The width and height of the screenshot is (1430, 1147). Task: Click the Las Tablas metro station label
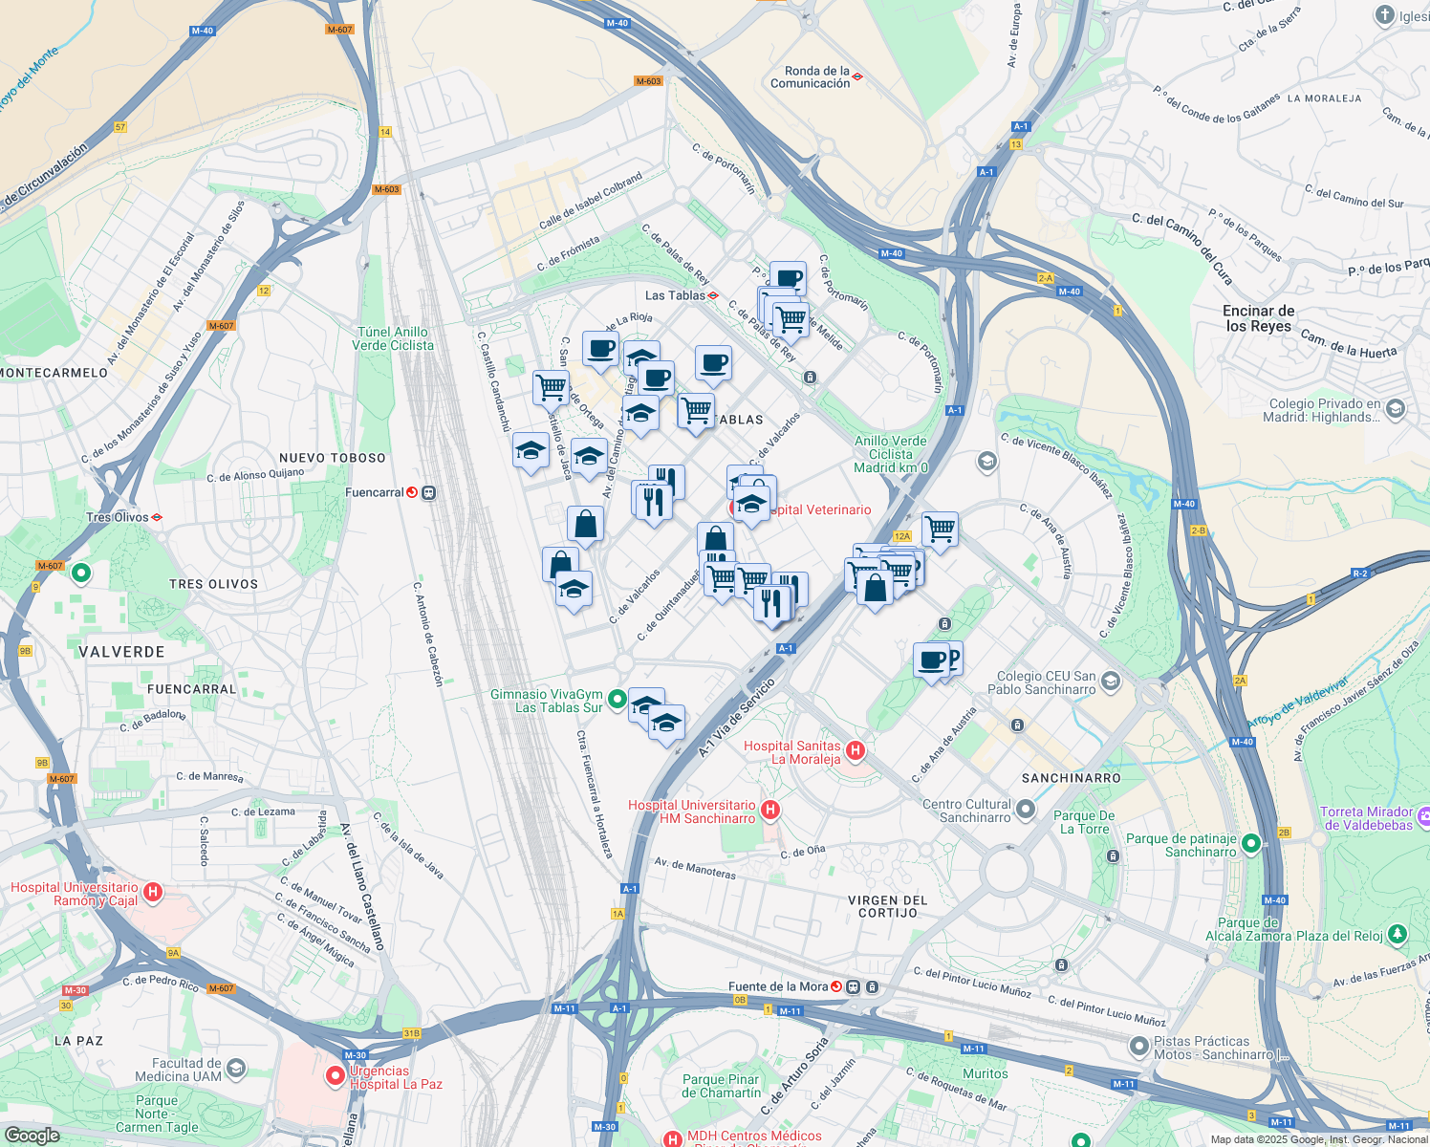tap(675, 295)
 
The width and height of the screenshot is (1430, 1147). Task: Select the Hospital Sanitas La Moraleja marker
tap(856, 751)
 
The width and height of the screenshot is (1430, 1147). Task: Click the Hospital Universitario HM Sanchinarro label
tap(691, 812)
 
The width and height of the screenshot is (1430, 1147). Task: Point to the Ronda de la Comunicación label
tap(810, 77)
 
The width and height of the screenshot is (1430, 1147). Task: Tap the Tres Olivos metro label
tap(118, 517)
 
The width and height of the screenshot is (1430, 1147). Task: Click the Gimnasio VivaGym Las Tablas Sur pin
tap(617, 700)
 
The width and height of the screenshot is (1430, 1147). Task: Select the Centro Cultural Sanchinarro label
tap(966, 811)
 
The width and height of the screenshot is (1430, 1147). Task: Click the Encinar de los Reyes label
tap(1258, 318)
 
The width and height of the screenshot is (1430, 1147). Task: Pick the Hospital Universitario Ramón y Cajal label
tap(74, 894)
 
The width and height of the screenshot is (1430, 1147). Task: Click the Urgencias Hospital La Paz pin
tap(336, 1077)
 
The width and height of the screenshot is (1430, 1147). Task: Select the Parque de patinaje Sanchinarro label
tap(1181, 845)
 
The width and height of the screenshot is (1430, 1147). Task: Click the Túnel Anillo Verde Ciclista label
tap(393, 338)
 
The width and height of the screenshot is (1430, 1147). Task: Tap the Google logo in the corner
tap(32, 1135)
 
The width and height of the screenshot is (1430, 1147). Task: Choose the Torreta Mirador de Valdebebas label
tap(1366, 818)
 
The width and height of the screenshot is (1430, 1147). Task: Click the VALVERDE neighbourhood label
tap(121, 652)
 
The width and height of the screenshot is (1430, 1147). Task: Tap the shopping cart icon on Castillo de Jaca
tap(551, 387)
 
